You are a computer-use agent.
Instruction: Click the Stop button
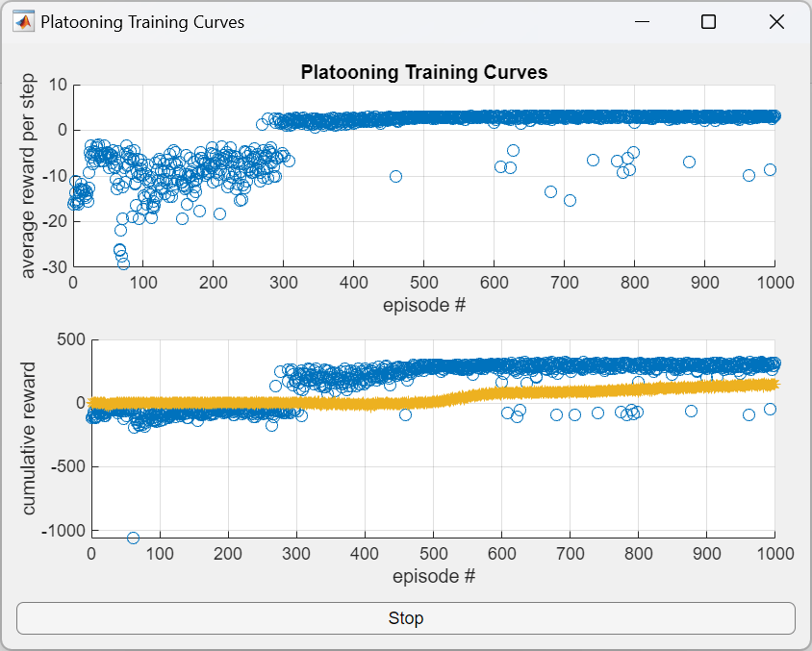tap(405, 618)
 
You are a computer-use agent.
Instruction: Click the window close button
tap(777, 22)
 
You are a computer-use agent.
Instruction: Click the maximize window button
tap(708, 22)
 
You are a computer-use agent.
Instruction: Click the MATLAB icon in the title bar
tap(23, 22)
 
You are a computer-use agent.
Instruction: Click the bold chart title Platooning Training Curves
tap(424, 72)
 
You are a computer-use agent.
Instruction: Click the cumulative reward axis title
tap(29, 438)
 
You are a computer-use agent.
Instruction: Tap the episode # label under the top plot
tap(424, 306)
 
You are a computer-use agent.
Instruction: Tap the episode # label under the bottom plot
tap(434, 576)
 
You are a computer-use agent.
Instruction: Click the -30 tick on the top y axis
tap(54, 267)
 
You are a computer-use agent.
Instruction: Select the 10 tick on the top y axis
tap(58, 84)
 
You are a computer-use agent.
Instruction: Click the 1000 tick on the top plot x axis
tap(775, 284)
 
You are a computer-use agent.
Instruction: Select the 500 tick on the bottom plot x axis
tap(433, 554)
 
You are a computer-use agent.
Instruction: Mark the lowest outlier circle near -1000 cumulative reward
tap(133, 538)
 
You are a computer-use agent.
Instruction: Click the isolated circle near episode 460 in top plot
tap(395, 176)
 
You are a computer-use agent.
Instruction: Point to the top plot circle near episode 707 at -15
tap(570, 200)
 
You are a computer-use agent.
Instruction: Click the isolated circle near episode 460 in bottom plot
tap(405, 414)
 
